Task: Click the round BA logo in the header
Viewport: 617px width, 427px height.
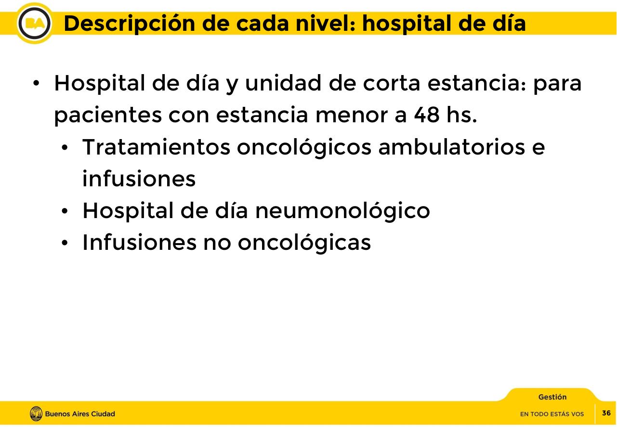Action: point(35,23)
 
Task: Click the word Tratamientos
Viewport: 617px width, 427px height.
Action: point(156,147)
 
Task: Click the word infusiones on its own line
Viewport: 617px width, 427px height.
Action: point(139,179)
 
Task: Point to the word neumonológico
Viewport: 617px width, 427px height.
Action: point(342,210)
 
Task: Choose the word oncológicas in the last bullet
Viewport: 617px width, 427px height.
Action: point(304,242)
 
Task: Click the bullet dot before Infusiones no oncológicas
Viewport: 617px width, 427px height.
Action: point(66,243)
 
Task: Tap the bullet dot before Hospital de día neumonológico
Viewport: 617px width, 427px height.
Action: point(66,211)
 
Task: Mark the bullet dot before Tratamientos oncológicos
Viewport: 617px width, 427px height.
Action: point(66,148)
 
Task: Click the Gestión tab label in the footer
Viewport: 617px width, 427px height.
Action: point(552,397)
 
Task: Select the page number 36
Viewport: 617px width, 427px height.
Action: point(606,413)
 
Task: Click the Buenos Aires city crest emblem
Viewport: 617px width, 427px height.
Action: point(36,414)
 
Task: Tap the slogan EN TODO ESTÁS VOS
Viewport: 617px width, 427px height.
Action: point(551,414)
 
